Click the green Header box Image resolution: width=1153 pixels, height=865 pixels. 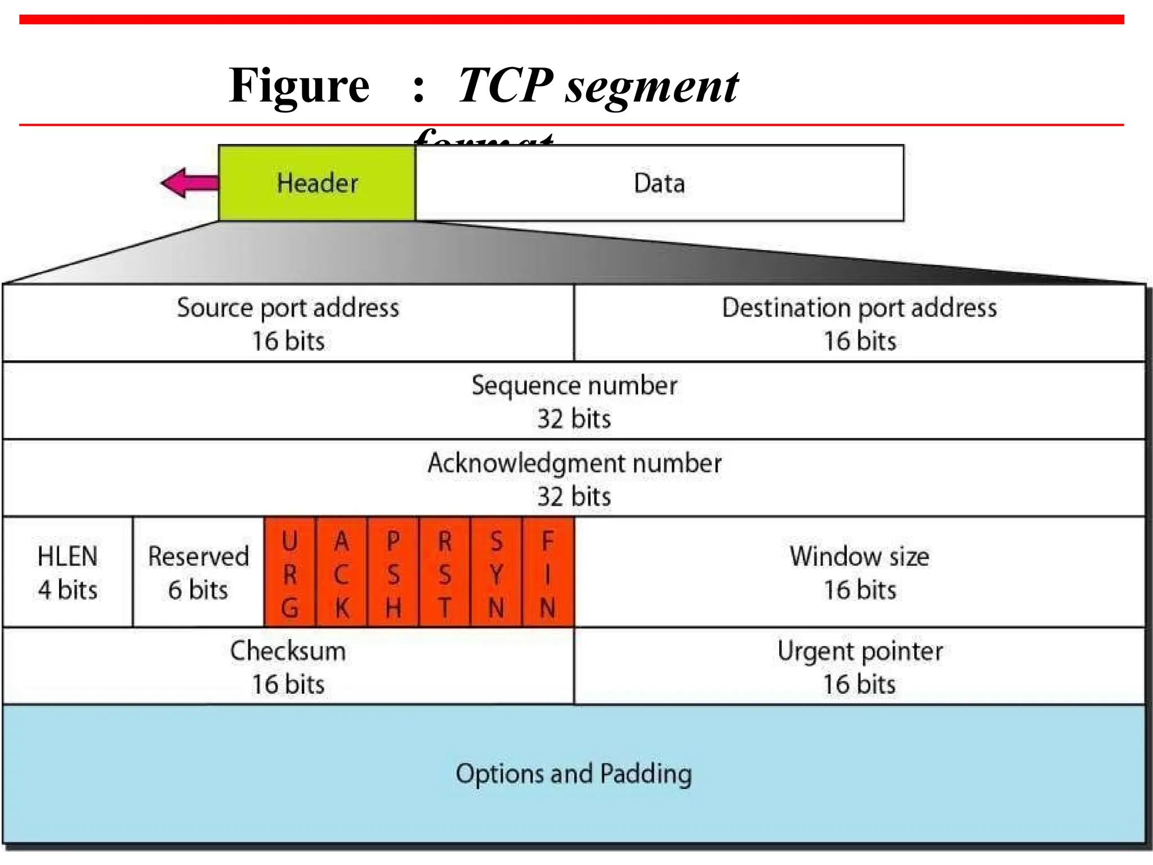pyautogui.click(x=317, y=183)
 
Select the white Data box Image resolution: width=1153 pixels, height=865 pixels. pyautogui.click(x=659, y=183)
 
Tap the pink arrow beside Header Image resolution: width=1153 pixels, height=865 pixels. pyautogui.click(x=189, y=183)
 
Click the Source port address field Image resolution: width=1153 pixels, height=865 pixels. pyautogui.click(x=288, y=323)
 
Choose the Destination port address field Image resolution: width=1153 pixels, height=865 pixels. pyautogui.click(x=859, y=323)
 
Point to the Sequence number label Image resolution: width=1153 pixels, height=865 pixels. pyautogui.click(x=574, y=386)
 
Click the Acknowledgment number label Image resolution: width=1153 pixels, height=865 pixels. pyautogui.click(x=574, y=463)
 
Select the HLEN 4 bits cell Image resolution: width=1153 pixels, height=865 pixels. pyautogui.click(x=68, y=572)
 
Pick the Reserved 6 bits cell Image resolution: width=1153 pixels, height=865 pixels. pyautogui.click(x=198, y=572)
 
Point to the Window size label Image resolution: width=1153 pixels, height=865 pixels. pyautogui.click(x=859, y=557)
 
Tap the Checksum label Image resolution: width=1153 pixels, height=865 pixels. pyautogui.click(x=288, y=651)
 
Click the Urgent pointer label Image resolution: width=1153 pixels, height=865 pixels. pyautogui.click(x=859, y=651)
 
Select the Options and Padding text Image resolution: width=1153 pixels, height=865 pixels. pyautogui.click(x=574, y=774)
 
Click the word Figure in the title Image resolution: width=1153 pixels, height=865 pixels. pyautogui.click(x=299, y=86)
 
